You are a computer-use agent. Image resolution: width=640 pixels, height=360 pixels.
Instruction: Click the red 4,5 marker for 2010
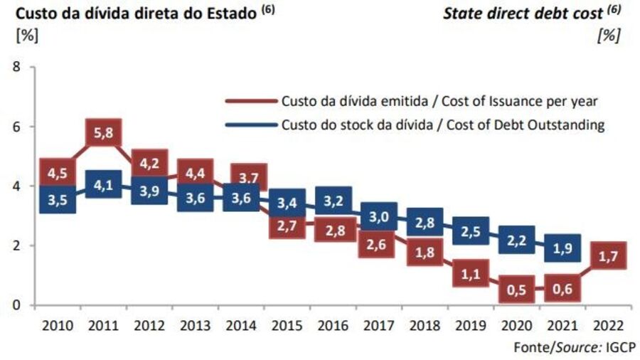57,173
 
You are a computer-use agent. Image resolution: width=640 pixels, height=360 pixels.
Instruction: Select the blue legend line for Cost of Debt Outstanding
250,125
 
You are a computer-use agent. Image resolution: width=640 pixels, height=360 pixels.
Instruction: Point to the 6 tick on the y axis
14,127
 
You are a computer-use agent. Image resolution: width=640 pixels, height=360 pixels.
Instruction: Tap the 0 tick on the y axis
14,305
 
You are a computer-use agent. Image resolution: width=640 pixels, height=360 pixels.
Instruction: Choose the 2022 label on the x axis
609,326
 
